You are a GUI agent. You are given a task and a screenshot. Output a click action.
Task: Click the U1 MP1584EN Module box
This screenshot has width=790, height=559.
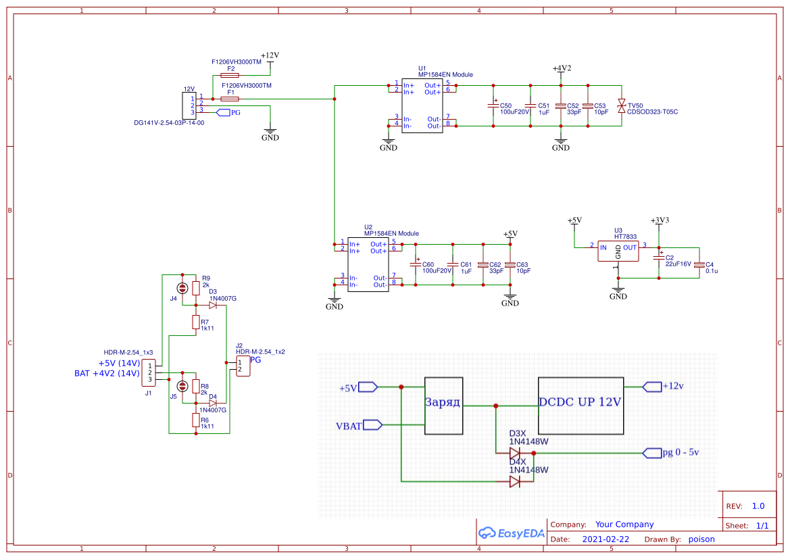pos(422,105)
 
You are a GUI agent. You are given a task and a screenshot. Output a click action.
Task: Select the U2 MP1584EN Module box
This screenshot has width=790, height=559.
pos(368,264)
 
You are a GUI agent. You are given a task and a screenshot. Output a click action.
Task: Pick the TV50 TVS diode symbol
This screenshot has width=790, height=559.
pos(621,105)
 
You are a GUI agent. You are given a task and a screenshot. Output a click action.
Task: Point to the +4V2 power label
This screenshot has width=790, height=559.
pos(561,69)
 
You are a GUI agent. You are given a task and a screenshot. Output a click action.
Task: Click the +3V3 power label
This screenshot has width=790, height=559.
pos(660,220)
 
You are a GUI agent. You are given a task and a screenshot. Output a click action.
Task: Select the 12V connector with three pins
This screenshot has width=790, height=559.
pos(189,105)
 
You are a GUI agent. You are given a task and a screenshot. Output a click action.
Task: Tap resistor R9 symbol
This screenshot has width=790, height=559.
pos(195,289)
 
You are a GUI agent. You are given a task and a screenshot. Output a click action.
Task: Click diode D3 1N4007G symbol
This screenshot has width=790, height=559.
pos(212,305)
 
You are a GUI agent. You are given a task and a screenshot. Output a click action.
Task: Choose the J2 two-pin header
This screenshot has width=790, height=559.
pos(242,366)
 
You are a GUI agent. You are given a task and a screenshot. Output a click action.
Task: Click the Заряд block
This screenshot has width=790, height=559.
pos(443,404)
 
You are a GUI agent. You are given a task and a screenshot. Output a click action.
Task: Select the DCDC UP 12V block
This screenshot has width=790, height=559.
pos(581,405)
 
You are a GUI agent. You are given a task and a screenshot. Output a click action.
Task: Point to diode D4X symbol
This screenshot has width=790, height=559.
pos(515,481)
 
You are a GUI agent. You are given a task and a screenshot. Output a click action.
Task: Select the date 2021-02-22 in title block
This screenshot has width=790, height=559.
pos(605,539)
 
